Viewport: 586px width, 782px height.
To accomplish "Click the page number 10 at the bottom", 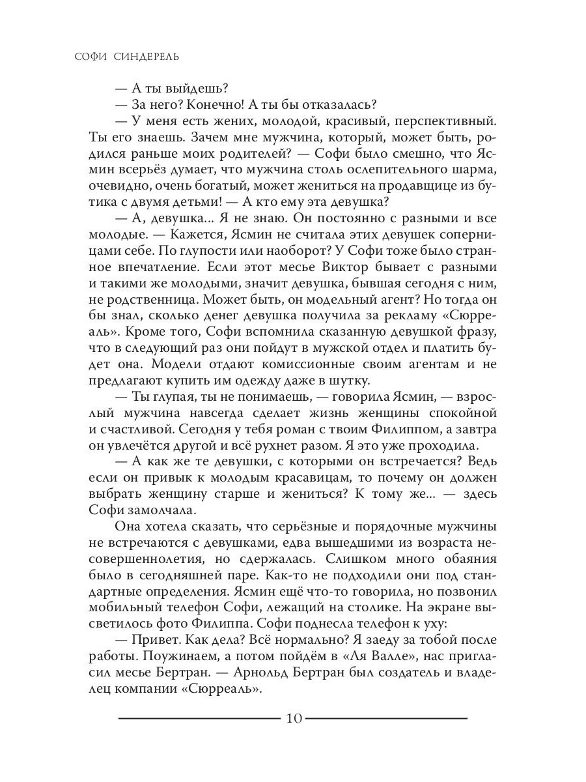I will [293, 719].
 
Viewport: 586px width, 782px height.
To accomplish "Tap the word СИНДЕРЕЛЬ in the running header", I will [144, 57].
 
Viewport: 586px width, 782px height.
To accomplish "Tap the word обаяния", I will [466, 559].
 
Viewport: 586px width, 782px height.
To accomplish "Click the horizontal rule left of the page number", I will [199, 718].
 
